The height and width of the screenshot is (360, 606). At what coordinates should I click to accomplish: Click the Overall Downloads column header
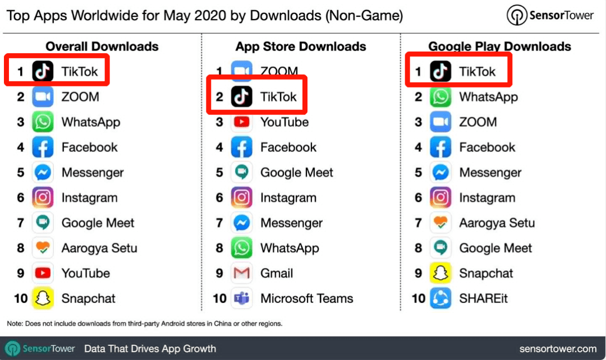[102, 47]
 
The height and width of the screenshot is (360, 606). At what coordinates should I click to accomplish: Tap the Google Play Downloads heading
[499, 47]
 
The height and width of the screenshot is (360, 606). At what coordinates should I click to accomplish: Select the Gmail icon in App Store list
[241, 273]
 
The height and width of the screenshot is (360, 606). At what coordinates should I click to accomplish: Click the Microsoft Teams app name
[306, 298]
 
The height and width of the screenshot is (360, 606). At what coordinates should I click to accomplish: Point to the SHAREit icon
[440, 298]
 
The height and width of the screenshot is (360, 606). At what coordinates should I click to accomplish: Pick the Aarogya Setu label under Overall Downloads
[99, 248]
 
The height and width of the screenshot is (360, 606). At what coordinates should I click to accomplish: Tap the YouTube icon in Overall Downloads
[43, 273]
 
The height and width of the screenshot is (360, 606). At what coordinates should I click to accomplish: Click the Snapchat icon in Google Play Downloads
[440, 273]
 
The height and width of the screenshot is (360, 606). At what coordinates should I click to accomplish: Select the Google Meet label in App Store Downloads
[296, 172]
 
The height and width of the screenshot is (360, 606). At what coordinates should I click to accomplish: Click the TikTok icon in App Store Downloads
[241, 97]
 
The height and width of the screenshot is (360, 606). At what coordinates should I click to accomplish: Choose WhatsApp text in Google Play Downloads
[488, 97]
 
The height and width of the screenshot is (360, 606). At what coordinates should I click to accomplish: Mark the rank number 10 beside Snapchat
[21, 298]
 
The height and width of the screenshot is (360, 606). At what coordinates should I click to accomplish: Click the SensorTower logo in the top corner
[550, 16]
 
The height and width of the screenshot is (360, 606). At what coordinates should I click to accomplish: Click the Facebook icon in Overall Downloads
[43, 147]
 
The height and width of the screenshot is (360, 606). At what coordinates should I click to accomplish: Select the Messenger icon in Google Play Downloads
[440, 172]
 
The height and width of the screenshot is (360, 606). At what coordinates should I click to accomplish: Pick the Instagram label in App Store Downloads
[288, 197]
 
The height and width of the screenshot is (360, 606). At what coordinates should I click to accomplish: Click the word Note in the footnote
[15, 324]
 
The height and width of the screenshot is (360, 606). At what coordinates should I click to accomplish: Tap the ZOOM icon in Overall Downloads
[43, 97]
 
